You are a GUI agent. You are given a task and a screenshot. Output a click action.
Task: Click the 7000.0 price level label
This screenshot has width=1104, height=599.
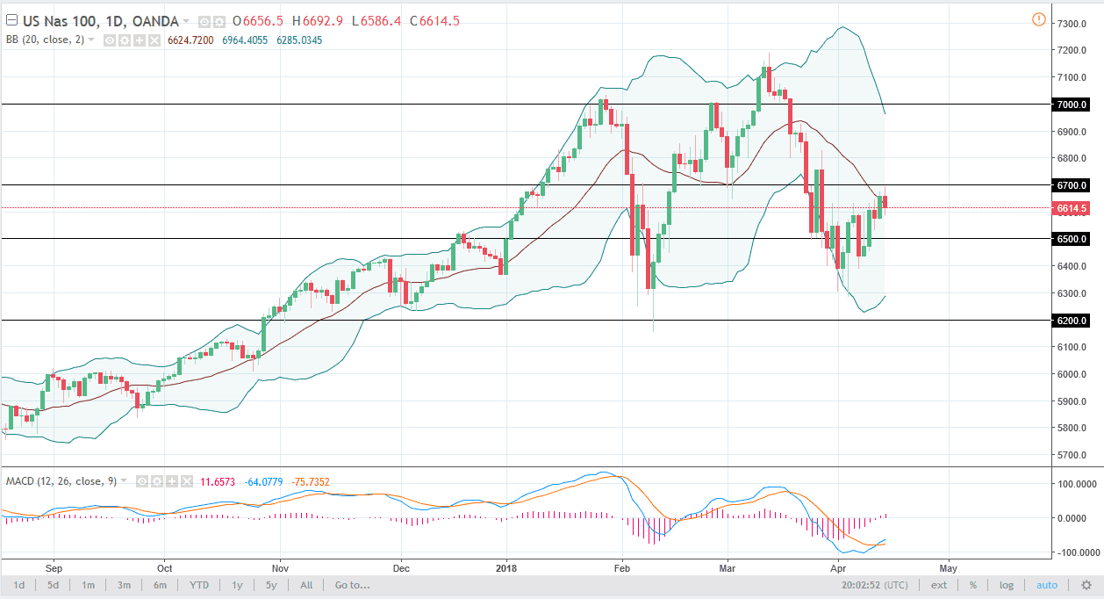(x=1073, y=105)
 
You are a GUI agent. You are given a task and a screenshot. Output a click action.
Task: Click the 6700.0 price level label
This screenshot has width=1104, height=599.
(x=1073, y=185)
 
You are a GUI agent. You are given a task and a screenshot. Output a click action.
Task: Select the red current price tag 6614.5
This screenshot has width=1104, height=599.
(x=1073, y=208)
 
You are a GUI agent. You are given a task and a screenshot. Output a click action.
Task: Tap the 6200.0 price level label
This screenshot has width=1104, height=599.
(x=1073, y=321)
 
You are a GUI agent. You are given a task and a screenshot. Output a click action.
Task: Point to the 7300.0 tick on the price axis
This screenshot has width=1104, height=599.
(x=1073, y=24)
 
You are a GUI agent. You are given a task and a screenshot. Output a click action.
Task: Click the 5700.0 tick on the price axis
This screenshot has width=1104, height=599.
(x=1073, y=455)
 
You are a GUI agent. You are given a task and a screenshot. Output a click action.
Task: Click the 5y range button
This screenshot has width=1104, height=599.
(x=271, y=585)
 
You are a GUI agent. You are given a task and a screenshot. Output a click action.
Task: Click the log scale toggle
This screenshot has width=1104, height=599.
(x=1006, y=585)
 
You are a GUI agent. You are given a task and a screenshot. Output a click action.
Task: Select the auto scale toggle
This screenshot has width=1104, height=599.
(x=1047, y=585)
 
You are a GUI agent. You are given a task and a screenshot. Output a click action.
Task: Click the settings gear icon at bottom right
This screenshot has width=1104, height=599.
(x=1086, y=585)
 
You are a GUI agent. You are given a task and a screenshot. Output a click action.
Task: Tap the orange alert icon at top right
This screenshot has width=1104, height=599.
(x=1039, y=18)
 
